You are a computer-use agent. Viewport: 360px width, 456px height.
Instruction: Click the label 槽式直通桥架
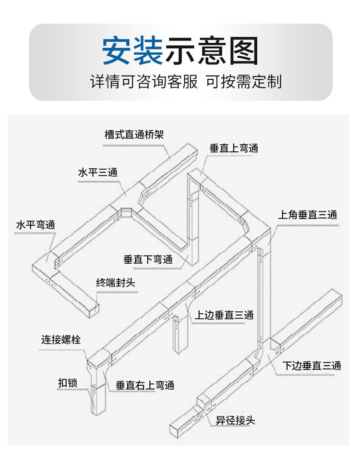click(134, 135)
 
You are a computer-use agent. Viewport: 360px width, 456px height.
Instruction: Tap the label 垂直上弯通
click(234, 148)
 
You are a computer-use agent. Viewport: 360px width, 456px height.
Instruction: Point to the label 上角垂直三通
click(308, 215)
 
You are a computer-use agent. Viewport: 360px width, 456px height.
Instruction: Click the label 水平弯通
click(36, 225)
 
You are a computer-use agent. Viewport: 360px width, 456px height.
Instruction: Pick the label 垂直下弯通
click(148, 259)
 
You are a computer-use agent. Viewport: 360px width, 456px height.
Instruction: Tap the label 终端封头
click(116, 283)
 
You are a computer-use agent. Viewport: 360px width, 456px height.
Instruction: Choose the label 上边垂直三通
click(224, 315)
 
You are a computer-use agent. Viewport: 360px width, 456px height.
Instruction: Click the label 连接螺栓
click(61, 339)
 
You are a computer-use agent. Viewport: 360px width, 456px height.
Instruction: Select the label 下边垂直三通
click(312, 366)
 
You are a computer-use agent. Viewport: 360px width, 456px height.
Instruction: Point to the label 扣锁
click(68, 383)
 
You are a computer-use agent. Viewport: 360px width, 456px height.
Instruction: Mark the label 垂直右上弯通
click(145, 385)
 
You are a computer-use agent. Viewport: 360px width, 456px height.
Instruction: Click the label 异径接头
click(235, 420)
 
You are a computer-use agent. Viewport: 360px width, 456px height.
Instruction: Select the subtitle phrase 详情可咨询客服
click(144, 81)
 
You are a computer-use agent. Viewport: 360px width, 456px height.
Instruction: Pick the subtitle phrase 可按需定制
click(244, 81)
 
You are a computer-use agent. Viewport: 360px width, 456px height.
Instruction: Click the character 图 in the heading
click(243, 50)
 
